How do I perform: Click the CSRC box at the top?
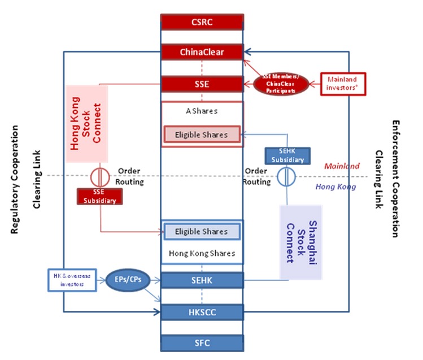[x=202, y=22]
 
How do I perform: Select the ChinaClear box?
[x=202, y=53]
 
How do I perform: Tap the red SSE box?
[x=202, y=84]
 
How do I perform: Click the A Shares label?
[x=202, y=111]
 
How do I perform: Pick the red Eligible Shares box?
[x=202, y=135]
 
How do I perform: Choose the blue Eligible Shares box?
[x=202, y=231]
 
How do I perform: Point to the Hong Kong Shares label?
[x=202, y=253]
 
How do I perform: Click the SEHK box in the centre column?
[x=202, y=280]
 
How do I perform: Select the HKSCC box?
[x=202, y=311]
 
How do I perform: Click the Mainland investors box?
[x=343, y=84]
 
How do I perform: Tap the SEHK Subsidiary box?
[x=287, y=155]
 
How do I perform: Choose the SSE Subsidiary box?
[x=100, y=196]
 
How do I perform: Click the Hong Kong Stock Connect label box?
[x=86, y=123]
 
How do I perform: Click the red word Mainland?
[x=342, y=166]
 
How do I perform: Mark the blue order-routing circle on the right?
[x=287, y=176]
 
